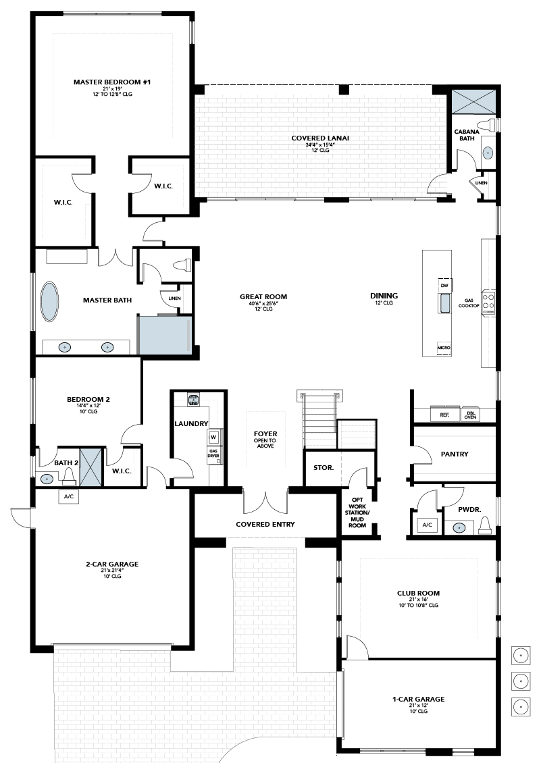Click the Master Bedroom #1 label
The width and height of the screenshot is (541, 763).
click(112, 82)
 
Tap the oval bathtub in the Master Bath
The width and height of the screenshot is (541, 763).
click(49, 301)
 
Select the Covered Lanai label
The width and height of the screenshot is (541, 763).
click(320, 138)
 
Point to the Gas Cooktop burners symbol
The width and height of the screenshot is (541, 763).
click(488, 302)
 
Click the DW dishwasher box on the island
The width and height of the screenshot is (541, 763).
click(444, 285)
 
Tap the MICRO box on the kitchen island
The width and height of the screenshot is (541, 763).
click(444, 348)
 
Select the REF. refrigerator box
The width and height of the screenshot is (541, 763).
click(444, 415)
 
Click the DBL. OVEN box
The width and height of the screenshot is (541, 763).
click(470, 415)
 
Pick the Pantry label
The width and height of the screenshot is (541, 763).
click(455, 454)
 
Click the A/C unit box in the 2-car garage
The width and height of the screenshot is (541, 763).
click(69, 497)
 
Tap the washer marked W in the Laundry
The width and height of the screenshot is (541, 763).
click(213, 437)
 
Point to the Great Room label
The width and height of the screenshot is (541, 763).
click(263, 296)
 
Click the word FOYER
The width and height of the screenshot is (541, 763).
click(265, 433)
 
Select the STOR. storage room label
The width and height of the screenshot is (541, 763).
click(324, 468)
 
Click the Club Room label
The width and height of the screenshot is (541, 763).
click(418, 593)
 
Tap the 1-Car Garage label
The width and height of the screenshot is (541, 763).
click(418, 700)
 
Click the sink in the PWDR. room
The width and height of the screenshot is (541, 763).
click(459, 527)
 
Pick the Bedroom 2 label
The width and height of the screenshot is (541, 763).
click(88, 400)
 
